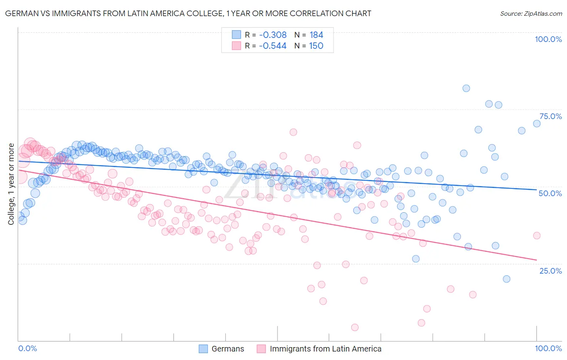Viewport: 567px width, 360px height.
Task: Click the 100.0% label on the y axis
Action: [548, 39]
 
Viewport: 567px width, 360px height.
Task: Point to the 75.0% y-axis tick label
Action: [550, 116]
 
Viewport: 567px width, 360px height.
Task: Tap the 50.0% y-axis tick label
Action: [550, 193]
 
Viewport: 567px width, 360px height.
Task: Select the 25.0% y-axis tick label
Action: [550, 270]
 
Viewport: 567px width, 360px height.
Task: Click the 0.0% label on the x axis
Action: [28, 348]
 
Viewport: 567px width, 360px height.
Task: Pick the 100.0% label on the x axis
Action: [548, 348]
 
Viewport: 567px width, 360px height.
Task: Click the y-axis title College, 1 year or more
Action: [11, 184]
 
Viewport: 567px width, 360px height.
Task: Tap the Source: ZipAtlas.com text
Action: [531, 13]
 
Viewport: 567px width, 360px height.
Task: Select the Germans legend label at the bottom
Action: [228, 349]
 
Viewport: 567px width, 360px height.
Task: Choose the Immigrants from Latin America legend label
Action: [325, 349]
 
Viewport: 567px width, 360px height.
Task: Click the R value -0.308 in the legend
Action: [273, 35]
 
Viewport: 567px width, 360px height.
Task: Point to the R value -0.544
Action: [273, 46]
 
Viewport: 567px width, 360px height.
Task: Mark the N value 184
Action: [316, 35]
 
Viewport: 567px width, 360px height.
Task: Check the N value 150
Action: [316, 46]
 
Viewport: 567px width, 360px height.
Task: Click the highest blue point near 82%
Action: [466, 88]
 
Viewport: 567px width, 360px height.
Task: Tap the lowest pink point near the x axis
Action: [355, 327]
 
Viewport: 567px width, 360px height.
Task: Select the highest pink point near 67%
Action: [293, 132]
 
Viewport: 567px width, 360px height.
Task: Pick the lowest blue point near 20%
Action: [507, 279]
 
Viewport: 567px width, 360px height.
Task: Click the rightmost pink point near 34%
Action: [537, 236]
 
